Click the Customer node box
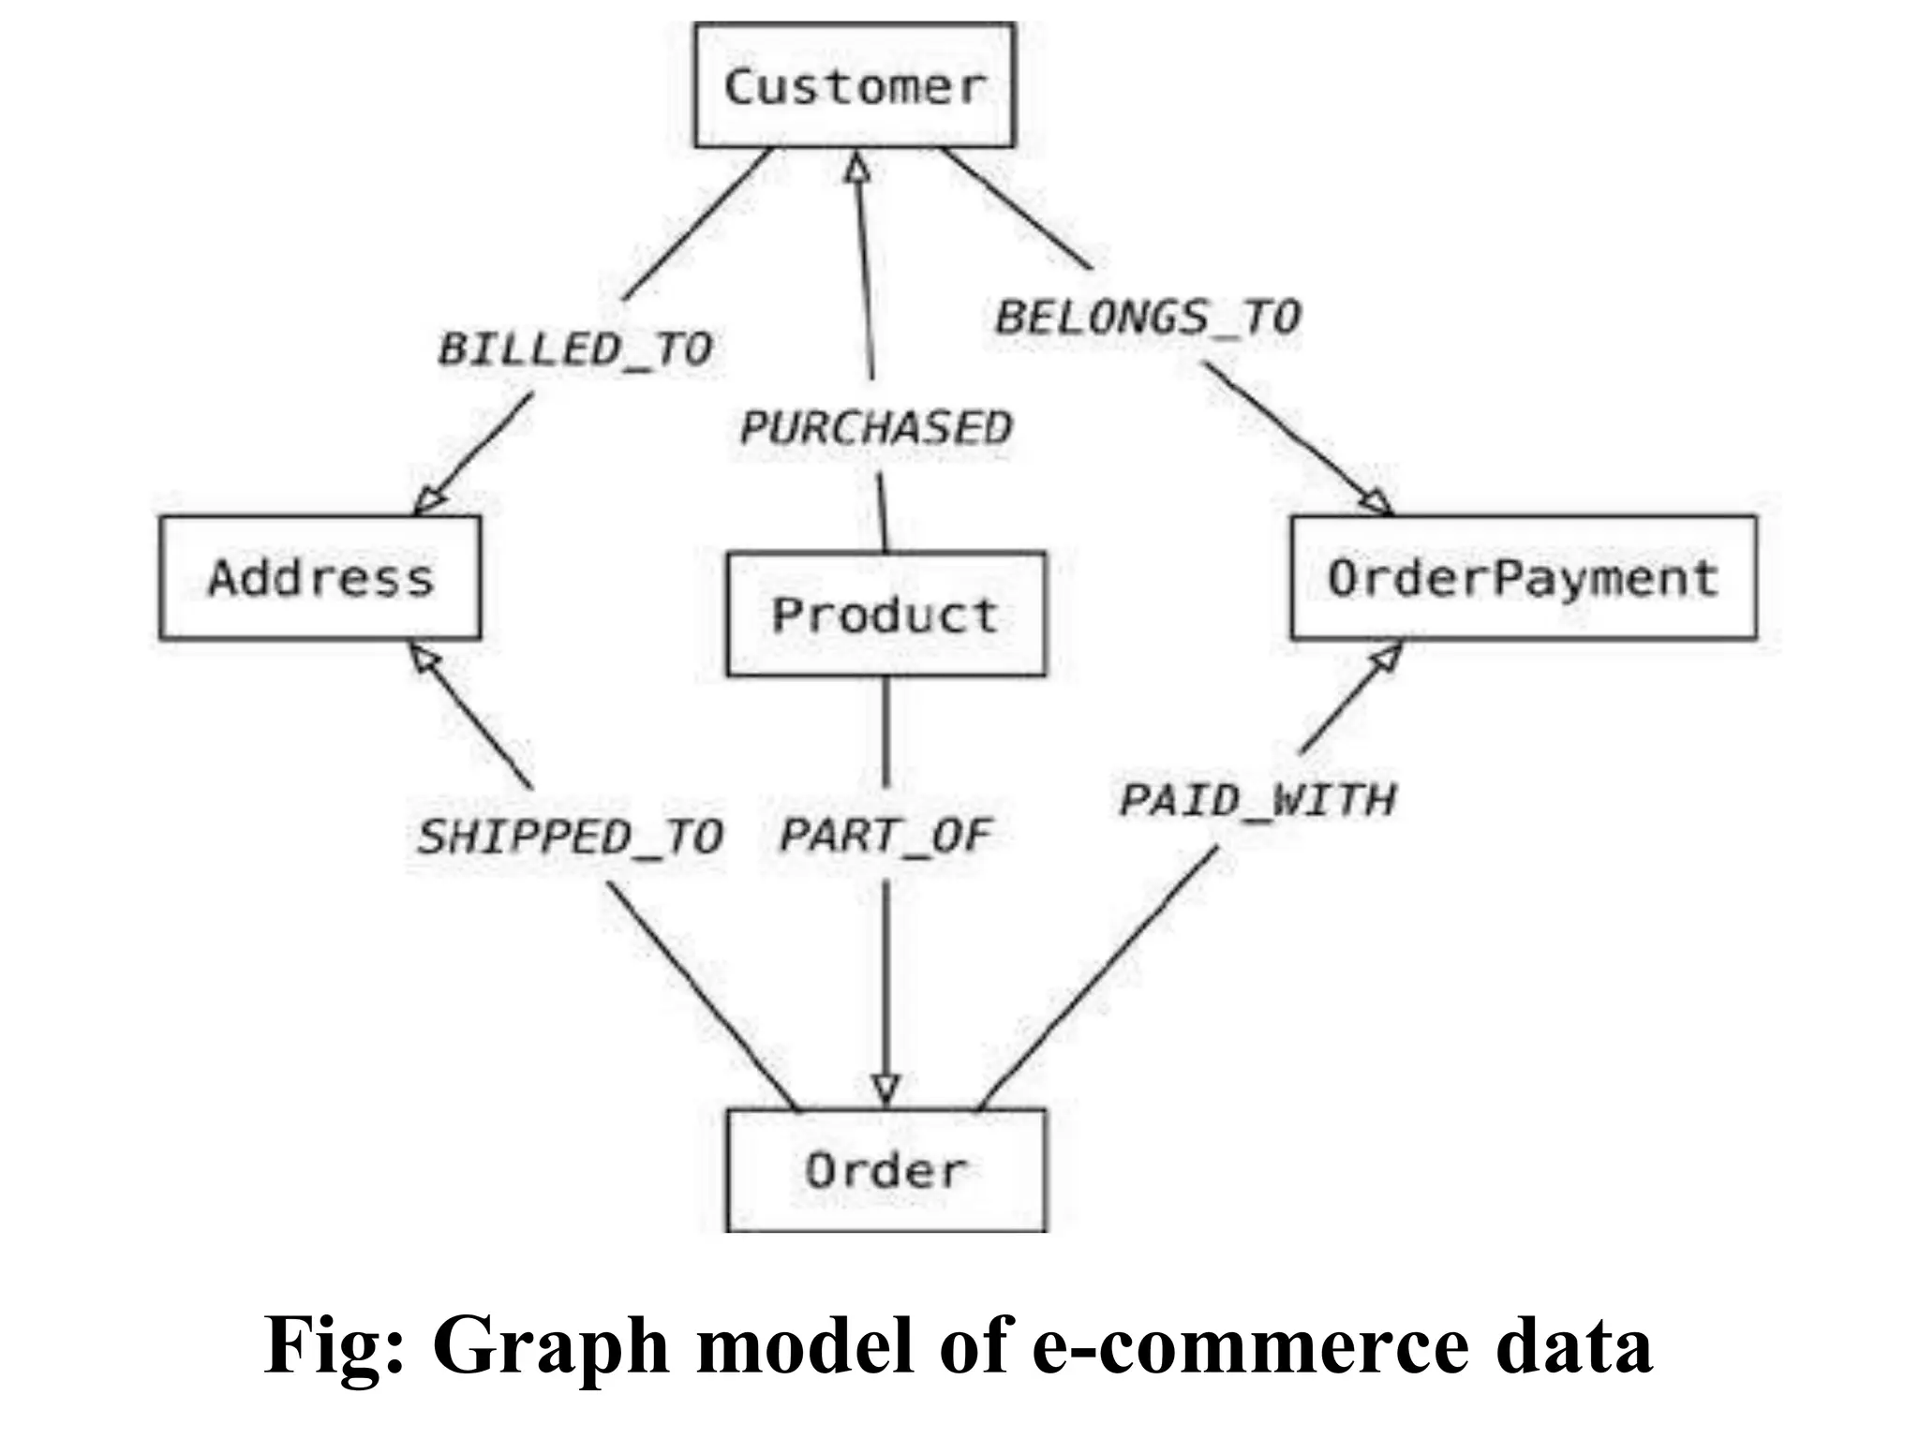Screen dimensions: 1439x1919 (854, 85)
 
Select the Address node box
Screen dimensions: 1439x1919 (320, 577)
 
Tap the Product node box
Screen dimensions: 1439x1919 (885, 615)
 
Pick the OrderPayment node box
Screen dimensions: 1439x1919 (1523, 577)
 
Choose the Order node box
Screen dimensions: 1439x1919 (885, 1170)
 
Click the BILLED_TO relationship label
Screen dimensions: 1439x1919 (575, 349)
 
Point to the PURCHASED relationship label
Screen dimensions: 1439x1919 (876, 428)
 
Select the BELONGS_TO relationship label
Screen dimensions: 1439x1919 (1148, 317)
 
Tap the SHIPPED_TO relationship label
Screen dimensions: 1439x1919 (570, 837)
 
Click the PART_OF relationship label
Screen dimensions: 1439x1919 (885, 836)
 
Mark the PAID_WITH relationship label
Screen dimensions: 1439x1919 (1257, 800)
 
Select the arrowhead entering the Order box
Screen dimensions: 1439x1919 (885, 1090)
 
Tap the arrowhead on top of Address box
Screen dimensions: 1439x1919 (428, 500)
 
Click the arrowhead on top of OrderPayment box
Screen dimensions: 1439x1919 (1376, 501)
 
